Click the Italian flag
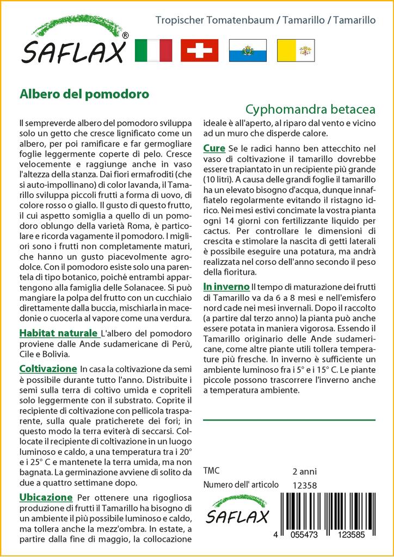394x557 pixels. coord(153,51)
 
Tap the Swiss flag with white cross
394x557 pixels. coord(199,51)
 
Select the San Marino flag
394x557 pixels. coord(248,51)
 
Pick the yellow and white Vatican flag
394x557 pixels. coord(295,51)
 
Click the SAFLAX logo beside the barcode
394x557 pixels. coord(237,510)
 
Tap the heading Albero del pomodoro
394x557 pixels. coord(84,93)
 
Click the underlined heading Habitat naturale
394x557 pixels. coord(59,333)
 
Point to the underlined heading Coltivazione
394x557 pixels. coord(48,368)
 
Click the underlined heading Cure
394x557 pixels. coord(214,148)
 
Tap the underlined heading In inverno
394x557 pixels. coord(226,286)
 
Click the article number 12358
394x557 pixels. coord(304,485)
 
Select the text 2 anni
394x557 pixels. coord(304,471)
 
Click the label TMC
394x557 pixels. coord(212,471)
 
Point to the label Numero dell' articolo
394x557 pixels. coord(241,485)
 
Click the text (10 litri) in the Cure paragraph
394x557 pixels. coord(217,178)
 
